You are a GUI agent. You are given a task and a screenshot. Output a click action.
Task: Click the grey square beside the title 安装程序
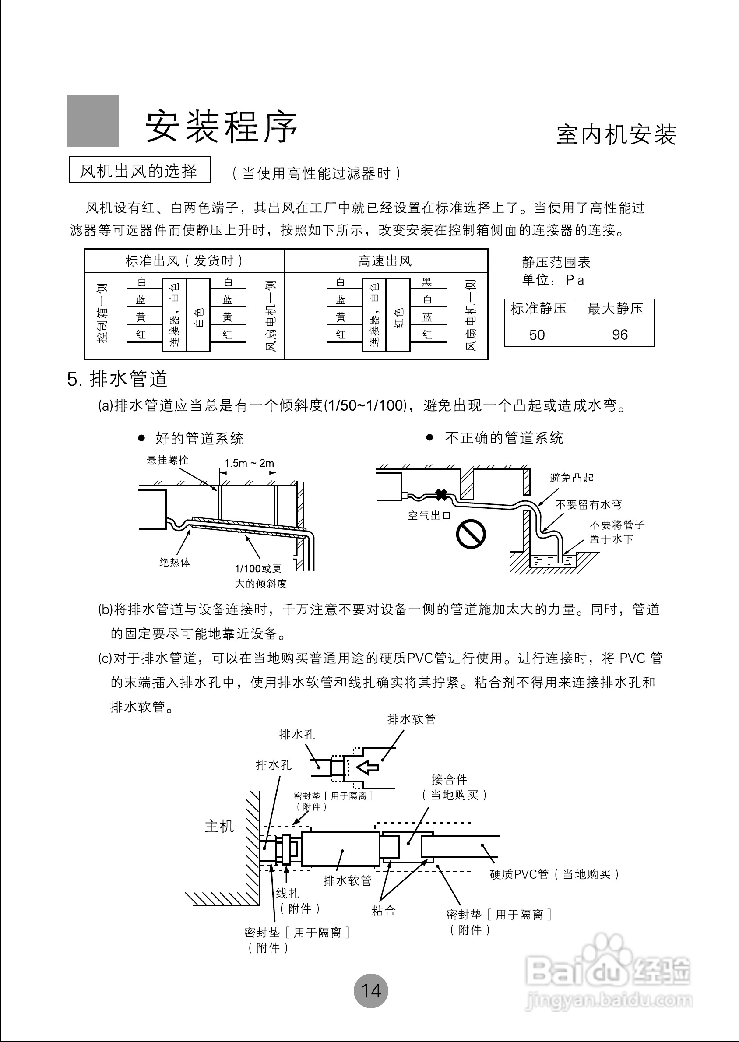(x=93, y=120)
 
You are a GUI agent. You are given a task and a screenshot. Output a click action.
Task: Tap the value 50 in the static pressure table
(x=537, y=335)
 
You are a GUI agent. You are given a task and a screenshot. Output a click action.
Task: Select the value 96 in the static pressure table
(x=619, y=335)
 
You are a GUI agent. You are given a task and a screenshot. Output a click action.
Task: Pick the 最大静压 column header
(x=615, y=309)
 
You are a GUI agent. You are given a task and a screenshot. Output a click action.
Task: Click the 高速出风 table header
(x=385, y=261)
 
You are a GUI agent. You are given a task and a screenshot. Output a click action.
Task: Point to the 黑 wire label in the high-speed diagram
(x=427, y=282)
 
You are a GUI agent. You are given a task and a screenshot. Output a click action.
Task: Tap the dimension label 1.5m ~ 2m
(x=249, y=463)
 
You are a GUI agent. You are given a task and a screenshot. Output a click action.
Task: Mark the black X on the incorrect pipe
(x=441, y=495)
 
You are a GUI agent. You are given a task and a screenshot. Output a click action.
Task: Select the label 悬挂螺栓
(x=167, y=460)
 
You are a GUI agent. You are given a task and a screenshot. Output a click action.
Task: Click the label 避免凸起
(x=571, y=478)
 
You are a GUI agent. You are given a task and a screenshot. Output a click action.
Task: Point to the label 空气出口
(x=429, y=516)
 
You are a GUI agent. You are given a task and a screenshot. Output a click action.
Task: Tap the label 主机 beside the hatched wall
(x=219, y=826)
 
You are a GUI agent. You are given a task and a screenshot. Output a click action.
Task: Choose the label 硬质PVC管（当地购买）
(x=554, y=874)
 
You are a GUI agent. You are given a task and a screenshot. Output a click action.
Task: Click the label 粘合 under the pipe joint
(x=384, y=911)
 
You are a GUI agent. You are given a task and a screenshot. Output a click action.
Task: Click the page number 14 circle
(x=371, y=991)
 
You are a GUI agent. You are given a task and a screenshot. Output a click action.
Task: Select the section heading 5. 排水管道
(x=117, y=379)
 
